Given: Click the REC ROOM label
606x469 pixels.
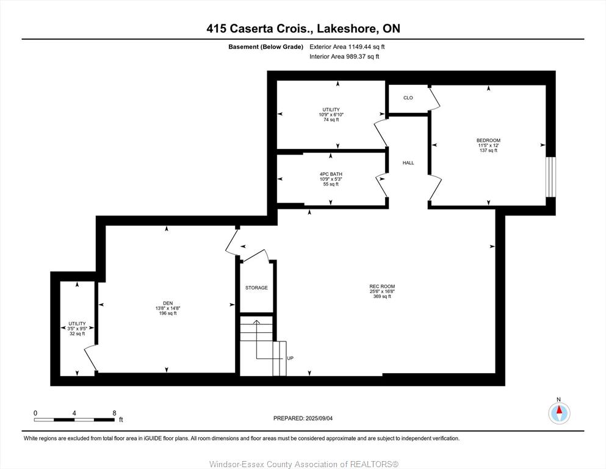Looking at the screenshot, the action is (x=382, y=286).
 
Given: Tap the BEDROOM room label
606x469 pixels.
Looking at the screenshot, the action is (x=488, y=140).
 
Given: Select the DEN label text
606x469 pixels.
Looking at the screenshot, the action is (x=168, y=303).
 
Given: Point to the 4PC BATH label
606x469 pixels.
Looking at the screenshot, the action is (x=331, y=175).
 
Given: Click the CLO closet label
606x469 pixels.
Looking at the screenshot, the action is (x=408, y=98).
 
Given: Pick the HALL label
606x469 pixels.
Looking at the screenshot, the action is (x=408, y=163).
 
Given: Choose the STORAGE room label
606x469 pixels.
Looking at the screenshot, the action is (x=256, y=288).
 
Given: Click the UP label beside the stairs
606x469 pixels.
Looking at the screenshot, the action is (x=290, y=358).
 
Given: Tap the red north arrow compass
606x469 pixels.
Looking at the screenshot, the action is (x=559, y=413).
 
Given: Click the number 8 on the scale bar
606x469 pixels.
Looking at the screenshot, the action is (x=114, y=413).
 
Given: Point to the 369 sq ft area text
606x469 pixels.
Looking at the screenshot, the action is (x=382, y=297).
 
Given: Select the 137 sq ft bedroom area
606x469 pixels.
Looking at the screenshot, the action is (x=488, y=150).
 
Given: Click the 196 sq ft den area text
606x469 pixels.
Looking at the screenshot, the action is (x=168, y=313).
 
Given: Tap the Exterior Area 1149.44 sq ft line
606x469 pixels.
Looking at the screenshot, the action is (x=347, y=47).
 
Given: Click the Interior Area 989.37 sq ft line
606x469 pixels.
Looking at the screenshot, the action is (x=344, y=56).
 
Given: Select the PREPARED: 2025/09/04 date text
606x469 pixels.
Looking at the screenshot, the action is (x=303, y=418).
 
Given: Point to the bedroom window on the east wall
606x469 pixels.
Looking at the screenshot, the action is (x=550, y=176).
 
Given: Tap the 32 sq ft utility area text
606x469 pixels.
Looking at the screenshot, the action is (x=77, y=333).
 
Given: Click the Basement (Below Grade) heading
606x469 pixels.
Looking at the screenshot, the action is (x=265, y=47).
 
